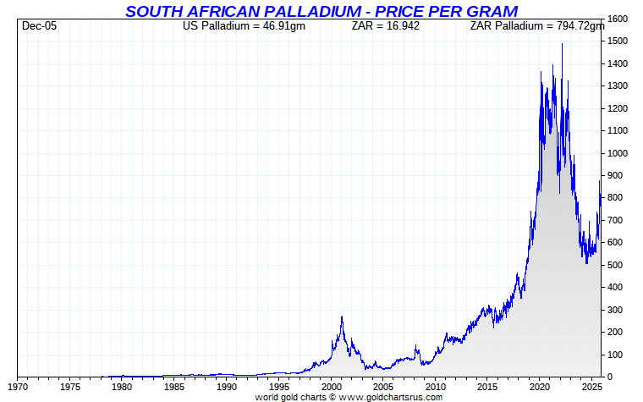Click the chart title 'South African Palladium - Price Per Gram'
pyautogui.click(x=321, y=11)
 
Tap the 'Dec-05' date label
pyautogui.click(x=39, y=26)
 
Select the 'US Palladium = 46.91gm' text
pyautogui.click(x=244, y=26)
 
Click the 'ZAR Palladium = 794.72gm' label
pyautogui.click(x=536, y=26)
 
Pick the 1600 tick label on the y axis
pyautogui.click(x=618, y=19)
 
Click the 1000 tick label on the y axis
pyautogui.click(x=618, y=153)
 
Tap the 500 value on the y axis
pyautogui.click(x=615, y=265)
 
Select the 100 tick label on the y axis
pyautogui.click(x=615, y=355)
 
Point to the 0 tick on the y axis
pyautogui.click(x=610, y=377)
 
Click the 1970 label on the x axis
pyautogui.click(x=18, y=388)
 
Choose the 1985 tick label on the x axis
pyautogui.click(x=174, y=388)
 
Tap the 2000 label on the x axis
pyautogui.click(x=331, y=388)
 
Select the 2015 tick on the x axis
pyautogui.click(x=487, y=388)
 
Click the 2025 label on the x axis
pyautogui.click(x=591, y=388)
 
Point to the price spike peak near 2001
pyautogui.click(x=342, y=317)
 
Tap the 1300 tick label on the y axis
pyautogui.click(x=618, y=86)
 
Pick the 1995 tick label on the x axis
pyautogui.click(x=278, y=388)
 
